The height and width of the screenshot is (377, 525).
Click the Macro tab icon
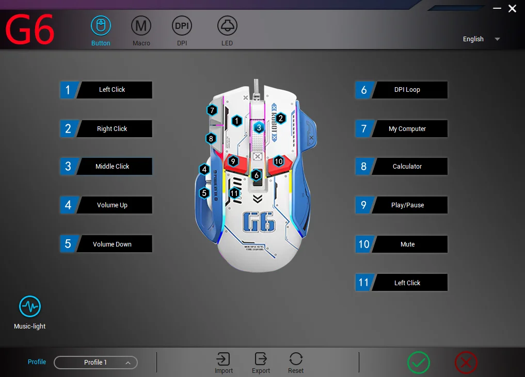coord(141,25)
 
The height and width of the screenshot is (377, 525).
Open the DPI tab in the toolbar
coord(182,25)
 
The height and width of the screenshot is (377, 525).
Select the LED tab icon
coord(227,25)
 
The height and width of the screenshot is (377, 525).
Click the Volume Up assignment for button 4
coord(113,205)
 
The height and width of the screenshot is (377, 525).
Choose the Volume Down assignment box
coord(113,244)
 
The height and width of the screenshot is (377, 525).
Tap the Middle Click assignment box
coord(113,167)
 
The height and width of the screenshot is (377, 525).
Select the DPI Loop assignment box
coord(407,90)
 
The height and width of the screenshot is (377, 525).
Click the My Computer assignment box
coord(407,129)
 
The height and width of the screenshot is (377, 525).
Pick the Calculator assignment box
coord(407,167)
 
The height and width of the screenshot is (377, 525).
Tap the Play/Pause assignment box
coord(407,205)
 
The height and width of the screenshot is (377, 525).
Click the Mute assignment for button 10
coord(407,244)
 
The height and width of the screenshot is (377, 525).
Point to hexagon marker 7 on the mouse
coord(212,110)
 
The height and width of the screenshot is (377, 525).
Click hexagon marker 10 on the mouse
coord(279,161)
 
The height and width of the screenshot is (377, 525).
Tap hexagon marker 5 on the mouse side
coord(204,193)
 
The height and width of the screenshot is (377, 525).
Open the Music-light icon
coord(30,306)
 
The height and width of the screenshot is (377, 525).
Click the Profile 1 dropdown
coord(96,363)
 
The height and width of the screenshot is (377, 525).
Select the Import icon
coord(224,359)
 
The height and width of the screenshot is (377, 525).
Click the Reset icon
coord(296,359)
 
